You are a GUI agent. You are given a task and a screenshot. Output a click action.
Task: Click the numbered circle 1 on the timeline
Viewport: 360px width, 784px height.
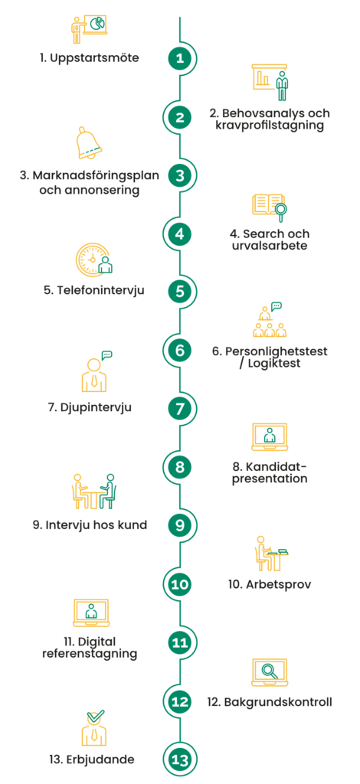pyautogui.click(x=180, y=58)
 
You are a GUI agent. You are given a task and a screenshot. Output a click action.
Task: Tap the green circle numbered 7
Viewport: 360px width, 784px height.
pyautogui.click(x=180, y=409)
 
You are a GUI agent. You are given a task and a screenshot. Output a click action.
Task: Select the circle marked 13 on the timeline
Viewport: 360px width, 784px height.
pyautogui.click(x=180, y=760)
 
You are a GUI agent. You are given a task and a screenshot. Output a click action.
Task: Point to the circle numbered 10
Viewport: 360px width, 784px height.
pyautogui.click(x=180, y=584)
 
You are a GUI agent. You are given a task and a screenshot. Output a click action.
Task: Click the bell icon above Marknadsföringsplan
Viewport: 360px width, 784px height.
pyautogui.click(x=90, y=143)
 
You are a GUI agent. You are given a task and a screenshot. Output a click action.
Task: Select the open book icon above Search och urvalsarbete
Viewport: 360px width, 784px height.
pyautogui.click(x=269, y=204)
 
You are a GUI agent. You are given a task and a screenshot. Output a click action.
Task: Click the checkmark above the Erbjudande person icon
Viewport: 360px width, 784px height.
pyautogui.click(x=95, y=717)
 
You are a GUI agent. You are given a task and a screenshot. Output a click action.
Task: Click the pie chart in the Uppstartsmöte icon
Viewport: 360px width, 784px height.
pyautogui.click(x=97, y=22)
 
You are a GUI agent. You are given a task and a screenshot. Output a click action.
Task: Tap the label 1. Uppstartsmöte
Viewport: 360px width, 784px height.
pyautogui.click(x=90, y=58)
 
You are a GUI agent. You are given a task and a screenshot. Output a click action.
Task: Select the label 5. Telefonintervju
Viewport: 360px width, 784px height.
pyautogui.click(x=93, y=289)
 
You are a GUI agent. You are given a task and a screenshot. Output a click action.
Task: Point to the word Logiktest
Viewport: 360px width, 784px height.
pyautogui.click(x=275, y=363)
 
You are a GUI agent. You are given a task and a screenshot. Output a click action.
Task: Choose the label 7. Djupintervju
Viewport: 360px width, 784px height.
pyautogui.click(x=90, y=407)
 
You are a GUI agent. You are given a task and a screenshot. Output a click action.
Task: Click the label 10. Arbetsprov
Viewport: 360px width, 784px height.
pyautogui.click(x=270, y=584)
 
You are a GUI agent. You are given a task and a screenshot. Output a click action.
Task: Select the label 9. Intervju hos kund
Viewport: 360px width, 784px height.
pyautogui.click(x=90, y=525)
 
